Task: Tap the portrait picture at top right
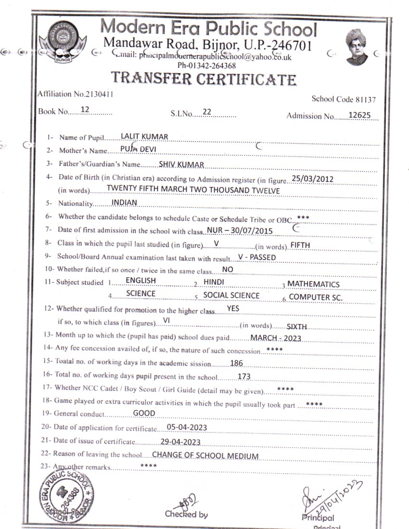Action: point(357,47)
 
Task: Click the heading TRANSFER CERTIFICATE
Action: point(204,78)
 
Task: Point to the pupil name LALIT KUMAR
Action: point(144,137)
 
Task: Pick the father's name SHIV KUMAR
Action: point(181,165)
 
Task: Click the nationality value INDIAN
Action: point(124,202)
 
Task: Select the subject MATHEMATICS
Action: point(314,284)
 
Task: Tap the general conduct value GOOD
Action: point(144,413)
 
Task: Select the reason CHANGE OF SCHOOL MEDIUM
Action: point(205,456)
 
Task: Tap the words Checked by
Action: point(186,515)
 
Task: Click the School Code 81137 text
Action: point(344,100)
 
